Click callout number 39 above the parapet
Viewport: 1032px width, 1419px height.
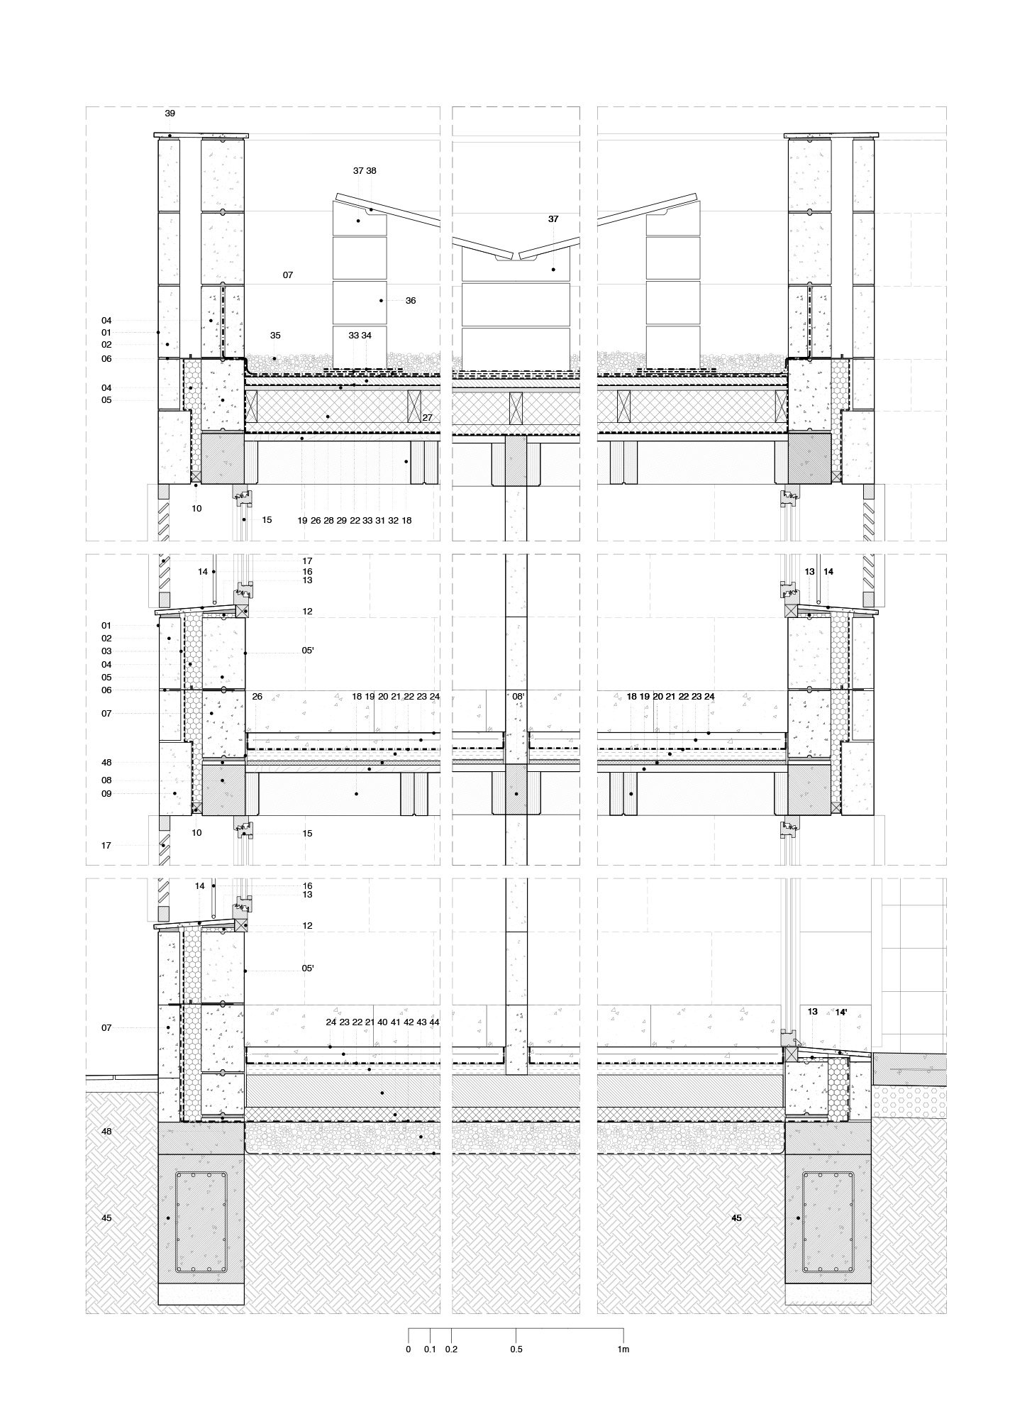tap(170, 114)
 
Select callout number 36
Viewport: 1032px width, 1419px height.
tap(411, 301)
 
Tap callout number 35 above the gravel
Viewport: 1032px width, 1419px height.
tap(275, 335)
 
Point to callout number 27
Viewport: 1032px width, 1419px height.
tap(427, 418)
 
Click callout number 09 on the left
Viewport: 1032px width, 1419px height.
tap(106, 794)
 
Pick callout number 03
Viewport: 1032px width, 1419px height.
tap(106, 651)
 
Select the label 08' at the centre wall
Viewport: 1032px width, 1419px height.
tap(518, 697)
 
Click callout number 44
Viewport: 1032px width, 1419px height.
tap(434, 1022)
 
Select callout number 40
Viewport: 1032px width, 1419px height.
tap(382, 1022)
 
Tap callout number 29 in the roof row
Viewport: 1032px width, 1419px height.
tap(342, 521)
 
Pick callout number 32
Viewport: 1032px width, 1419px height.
tap(393, 521)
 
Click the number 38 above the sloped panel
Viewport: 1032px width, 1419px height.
tap(371, 171)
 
